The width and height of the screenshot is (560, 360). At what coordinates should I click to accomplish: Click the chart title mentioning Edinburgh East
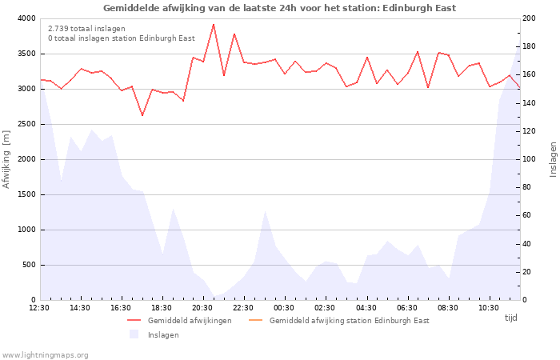[x=279, y=8]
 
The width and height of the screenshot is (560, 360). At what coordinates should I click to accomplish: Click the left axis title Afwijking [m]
[x=7, y=159]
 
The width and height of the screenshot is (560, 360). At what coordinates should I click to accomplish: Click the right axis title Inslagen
[x=552, y=159]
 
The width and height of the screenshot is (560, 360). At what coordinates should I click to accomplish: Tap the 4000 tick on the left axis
[x=26, y=18]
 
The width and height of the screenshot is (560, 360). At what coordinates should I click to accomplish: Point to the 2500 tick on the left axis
[x=26, y=124]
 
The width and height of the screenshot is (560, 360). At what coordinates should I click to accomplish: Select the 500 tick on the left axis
[x=28, y=265]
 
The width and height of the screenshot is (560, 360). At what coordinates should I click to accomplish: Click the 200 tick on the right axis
[x=530, y=18]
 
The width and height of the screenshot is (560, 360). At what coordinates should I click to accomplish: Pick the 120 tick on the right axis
[x=530, y=131]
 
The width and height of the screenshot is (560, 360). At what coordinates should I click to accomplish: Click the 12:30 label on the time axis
[x=39, y=307]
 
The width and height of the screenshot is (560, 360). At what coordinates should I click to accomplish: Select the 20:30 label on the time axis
[x=202, y=307]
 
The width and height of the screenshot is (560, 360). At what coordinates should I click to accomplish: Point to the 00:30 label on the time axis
[x=284, y=307]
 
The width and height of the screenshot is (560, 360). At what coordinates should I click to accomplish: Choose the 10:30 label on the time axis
[x=488, y=307]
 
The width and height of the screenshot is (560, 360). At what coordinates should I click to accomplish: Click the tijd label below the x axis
[x=510, y=318]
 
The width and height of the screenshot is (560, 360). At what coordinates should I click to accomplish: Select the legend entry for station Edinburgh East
[x=349, y=321]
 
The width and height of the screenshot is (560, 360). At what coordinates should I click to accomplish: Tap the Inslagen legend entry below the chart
[x=163, y=334]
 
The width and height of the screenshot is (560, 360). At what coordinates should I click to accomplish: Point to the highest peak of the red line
[x=214, y=24]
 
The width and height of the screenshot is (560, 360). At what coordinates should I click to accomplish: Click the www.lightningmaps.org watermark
[x=45, y=354]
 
